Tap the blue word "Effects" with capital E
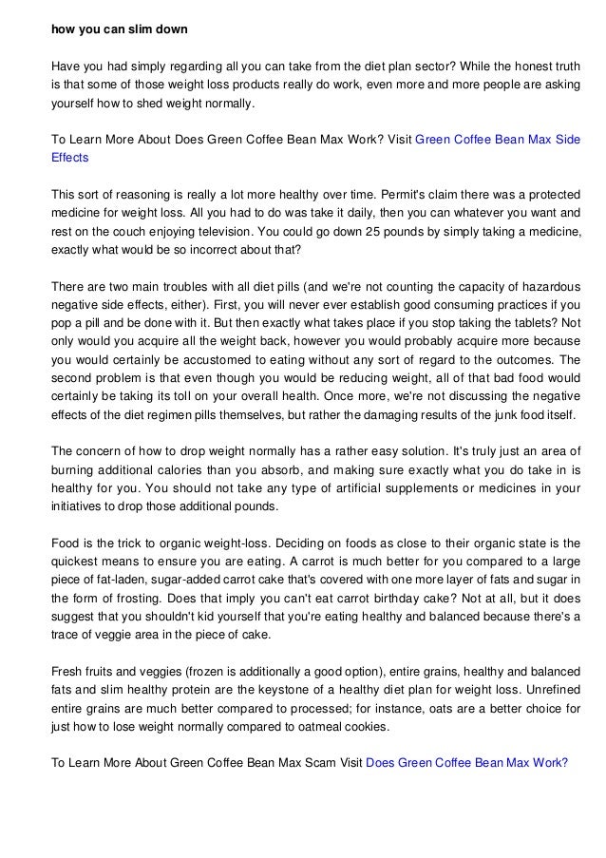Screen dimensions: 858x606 point(69,158)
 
